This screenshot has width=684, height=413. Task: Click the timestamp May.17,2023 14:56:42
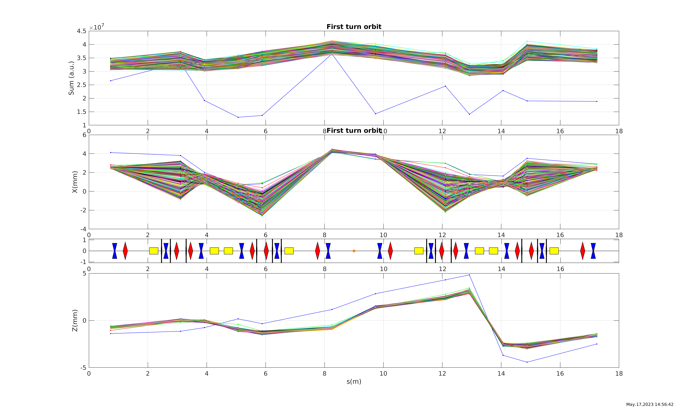[650, 404]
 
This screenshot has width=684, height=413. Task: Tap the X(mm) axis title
[75, 182]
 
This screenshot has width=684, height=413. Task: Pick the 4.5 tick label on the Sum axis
[82, 31]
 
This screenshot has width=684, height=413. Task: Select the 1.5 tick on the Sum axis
[82, 112]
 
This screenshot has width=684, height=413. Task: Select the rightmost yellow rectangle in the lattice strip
[554, 251]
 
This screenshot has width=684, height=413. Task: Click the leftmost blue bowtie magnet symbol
[115, 251]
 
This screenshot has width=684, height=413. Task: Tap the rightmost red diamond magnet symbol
[583, 251]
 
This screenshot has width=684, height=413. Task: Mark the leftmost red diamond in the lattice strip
[125, 251]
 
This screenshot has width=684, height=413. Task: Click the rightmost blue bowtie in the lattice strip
[593, 251]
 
